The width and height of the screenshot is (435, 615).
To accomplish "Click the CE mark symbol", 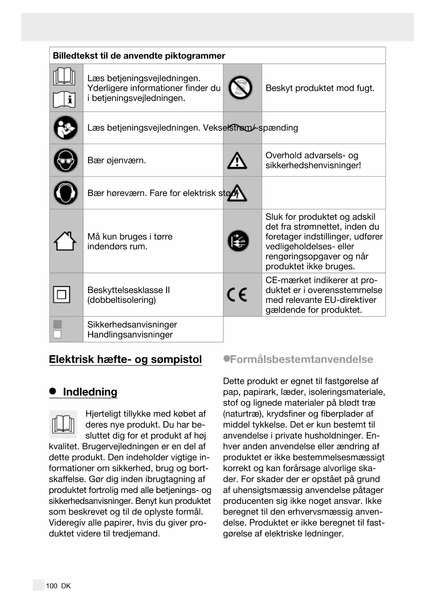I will pyautogui.click(x=237, y=295).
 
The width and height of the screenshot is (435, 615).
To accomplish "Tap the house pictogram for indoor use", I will pyautogui.click(x=65, y=241).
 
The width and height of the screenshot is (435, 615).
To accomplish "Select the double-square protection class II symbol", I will pyautogui.click(x=61, y=295).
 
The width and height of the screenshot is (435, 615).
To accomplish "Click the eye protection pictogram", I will pyautogui.click(x=66, y=160).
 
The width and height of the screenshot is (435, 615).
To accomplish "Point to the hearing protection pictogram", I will pyautogui.click(x=66, y=192).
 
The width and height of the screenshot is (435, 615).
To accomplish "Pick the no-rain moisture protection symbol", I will pyautogui.click(x=240, y=88).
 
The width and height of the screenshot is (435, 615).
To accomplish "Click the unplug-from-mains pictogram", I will pyautogui.click(x=238, y=241).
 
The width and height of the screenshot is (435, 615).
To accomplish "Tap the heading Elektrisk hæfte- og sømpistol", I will pyautogui.click(x=125, y=359).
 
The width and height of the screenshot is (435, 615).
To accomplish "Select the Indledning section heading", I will pyautogui.click(x=90, y=392).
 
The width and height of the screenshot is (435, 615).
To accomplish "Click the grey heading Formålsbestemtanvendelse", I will pyautogui.click(x=301, y=359).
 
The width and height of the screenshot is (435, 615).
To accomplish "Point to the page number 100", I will pyautogui.click(x=52, y=586).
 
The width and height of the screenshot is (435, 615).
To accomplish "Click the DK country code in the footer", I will pyautogui.click(x=66, y=586).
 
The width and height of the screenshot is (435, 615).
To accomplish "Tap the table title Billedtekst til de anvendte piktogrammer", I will pyautogui.click(x=139, y=56).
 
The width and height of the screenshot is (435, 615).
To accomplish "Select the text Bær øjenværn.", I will pyautogui.click(x=116, y=161).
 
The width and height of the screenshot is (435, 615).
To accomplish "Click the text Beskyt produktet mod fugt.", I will pyautogui.click(x=320, y=88).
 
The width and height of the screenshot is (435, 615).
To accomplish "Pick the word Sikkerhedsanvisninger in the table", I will pyautogui.click(x=132, y=324).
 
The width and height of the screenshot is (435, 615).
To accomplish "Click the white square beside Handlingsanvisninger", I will pyautogui.click(x=57, y=334).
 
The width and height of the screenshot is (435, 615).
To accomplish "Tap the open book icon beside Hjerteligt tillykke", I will pyautogui.click(x=63, y=424).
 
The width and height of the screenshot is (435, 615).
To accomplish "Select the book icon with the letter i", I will pyautogui.click(x=64, y=100).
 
